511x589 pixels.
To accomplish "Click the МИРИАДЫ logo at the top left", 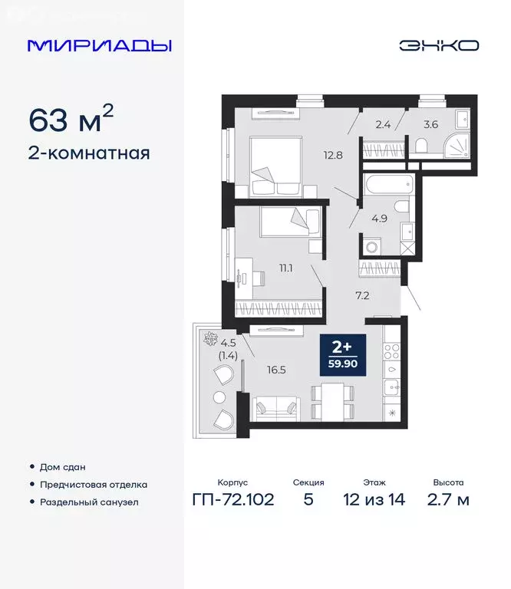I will (x=99, y=45).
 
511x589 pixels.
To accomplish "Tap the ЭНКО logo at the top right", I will (x=438, y=45).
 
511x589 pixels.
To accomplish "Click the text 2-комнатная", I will (x=89, y=153).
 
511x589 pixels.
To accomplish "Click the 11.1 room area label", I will (x=287, y=268).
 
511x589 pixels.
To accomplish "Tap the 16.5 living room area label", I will (x=276, y=368).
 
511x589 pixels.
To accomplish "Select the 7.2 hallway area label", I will (x=361, y=294).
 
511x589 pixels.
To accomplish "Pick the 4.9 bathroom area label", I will (x=379, y=219).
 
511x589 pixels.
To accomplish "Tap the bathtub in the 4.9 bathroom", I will (x=389, y=186).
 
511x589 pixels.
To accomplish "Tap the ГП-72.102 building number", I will (x=234, y=500).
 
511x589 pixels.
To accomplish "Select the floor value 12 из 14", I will (x=374, y=500).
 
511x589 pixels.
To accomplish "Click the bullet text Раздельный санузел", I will (x=90, y=502).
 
